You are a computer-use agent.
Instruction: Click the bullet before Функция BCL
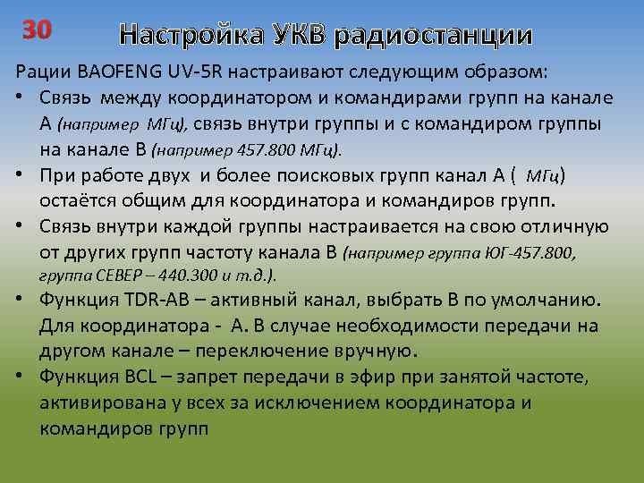pos(20,377)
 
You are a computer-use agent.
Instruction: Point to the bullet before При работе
pos(20,173)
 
